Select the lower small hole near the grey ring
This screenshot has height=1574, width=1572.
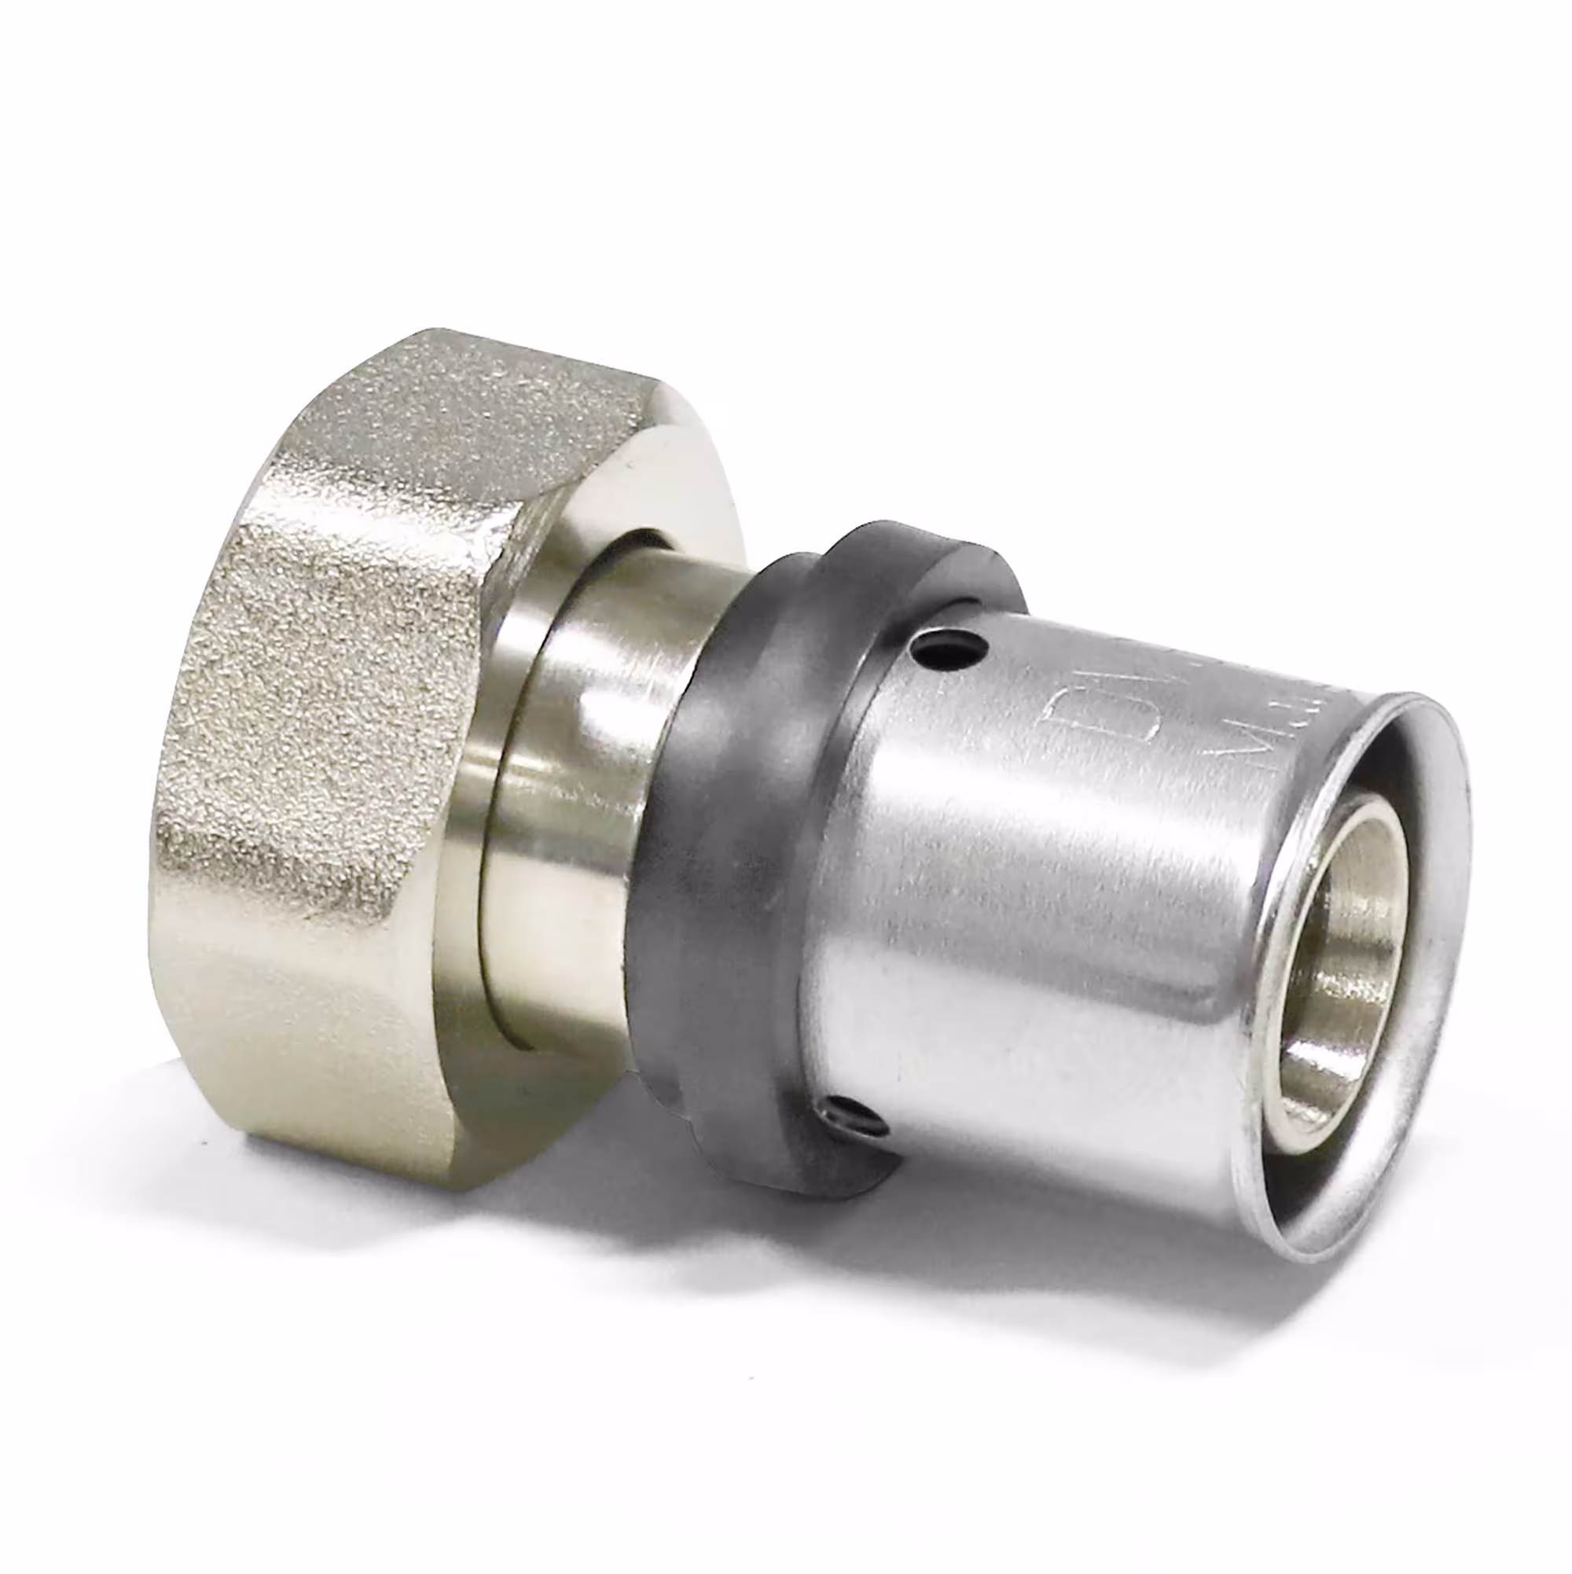coord(847,1114)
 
